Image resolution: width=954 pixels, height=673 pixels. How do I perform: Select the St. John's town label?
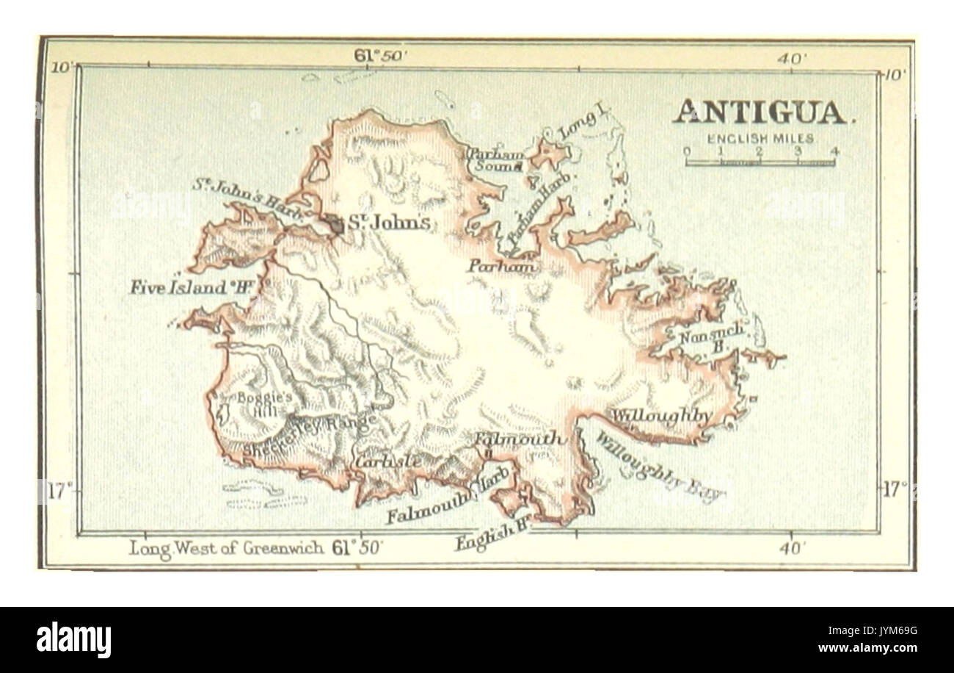pos(388,223)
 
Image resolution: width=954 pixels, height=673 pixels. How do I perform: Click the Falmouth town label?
pos(520,439)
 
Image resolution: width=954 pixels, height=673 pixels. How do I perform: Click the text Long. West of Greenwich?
pos(227,548)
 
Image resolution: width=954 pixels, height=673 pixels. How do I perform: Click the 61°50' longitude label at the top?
pos(381,57)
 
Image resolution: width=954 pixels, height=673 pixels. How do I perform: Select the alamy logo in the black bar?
pos(73,639)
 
